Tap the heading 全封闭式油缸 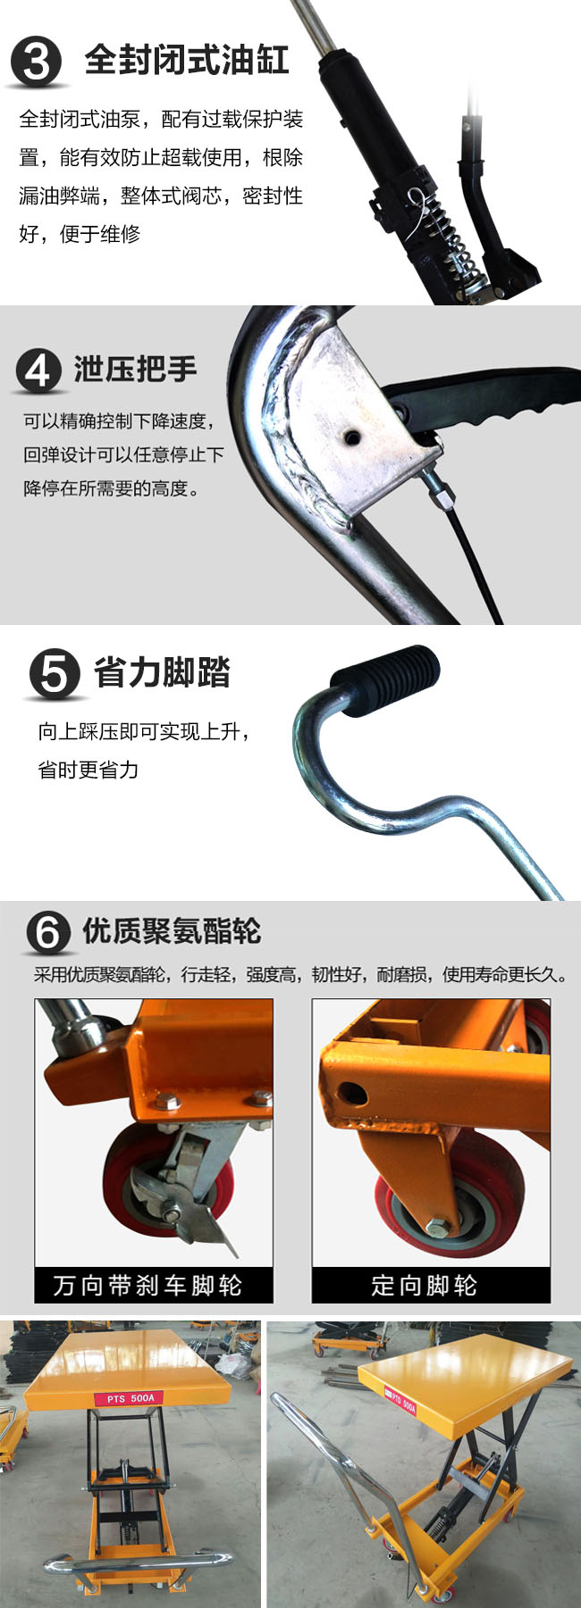point(187,60)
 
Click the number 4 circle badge point(37,371)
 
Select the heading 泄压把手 point(135,369)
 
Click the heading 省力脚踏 point(162,672)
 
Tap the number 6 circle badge point(47,933)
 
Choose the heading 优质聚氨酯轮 point(172,931)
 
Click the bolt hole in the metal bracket point(354,437)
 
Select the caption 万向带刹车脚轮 point(147,1286)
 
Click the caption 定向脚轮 point(425,1286)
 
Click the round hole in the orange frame point(351,1092)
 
